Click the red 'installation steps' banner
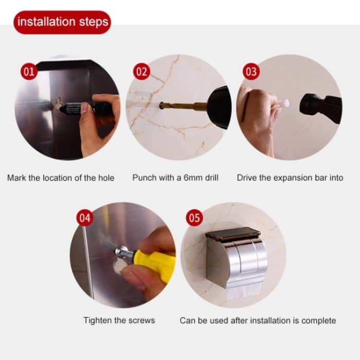(62, 22)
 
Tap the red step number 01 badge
(29, 71)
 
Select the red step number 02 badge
(141, 71)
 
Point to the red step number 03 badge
(250, 71)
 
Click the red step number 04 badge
(85, 218)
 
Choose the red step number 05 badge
(194, 218)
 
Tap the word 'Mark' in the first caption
(16, 178)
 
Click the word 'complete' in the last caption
(318, 320)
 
